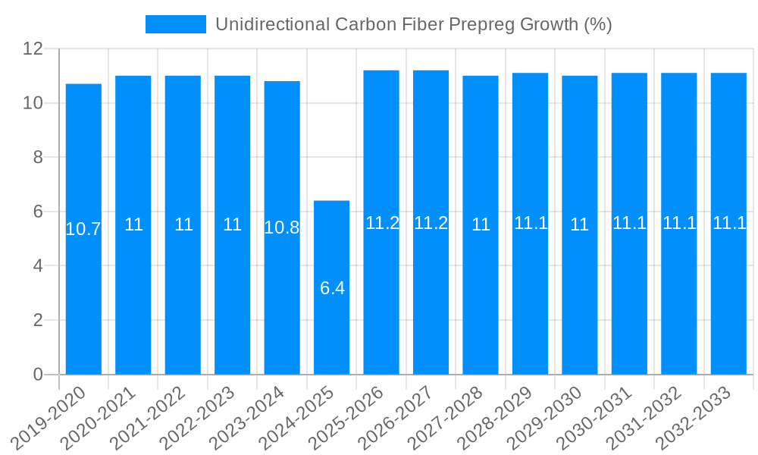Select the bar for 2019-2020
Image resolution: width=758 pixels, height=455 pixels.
click(83, 303)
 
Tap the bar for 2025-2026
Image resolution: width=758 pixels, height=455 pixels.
click(381, 303)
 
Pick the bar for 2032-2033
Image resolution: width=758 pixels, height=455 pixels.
click(728, 303)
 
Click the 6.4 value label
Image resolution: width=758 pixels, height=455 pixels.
click(332, 288)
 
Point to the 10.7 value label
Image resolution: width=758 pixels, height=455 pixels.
click(83, 229)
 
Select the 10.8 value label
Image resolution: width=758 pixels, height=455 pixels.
click(282, 227)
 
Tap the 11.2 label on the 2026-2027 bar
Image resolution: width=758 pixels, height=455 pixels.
click(431, 223)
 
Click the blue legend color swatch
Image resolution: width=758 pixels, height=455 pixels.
click(176, 24)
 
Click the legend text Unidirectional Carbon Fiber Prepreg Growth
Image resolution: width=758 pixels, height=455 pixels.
click(413, 24)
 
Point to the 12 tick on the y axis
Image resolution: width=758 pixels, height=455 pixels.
click(33, 49)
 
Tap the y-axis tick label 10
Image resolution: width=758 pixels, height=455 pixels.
click(33, 103)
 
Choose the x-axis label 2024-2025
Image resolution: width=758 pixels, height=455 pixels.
click(303, 418)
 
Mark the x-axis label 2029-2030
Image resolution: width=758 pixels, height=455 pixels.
click(551, 418)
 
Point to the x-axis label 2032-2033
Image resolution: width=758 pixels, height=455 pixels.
click(700, 418)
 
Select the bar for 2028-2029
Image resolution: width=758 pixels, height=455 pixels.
click(530, 303)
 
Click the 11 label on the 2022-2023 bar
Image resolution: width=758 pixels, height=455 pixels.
click(233, 224)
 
